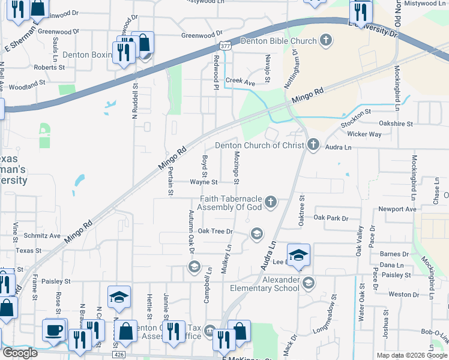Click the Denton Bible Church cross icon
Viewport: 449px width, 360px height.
(x=326, y=41)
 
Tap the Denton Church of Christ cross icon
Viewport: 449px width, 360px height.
(x=312, y=145)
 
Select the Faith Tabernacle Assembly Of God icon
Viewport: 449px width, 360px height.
(x=271, y=202)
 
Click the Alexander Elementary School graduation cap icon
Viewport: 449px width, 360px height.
(x=309, y=283)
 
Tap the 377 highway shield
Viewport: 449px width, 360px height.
(x=224, y=46)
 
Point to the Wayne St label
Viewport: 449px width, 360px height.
(x=203, y=181)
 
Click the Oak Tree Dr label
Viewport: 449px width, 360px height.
(x=215, y=231)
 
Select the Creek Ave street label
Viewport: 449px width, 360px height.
(x=240, y=80)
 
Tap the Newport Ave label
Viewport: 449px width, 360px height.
(x=397, y=209)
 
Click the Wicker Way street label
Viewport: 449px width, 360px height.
(x=364, y=134)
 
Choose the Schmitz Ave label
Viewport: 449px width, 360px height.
(x=42, y=236)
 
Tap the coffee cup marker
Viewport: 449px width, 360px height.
(x=54, y=329)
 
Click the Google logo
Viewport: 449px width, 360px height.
(x=20, y=353)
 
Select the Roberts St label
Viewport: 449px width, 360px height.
(x=49, y=68)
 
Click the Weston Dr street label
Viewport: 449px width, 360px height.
(x=403, y=295)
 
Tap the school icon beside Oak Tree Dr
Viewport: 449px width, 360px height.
(x=256, y=233)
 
